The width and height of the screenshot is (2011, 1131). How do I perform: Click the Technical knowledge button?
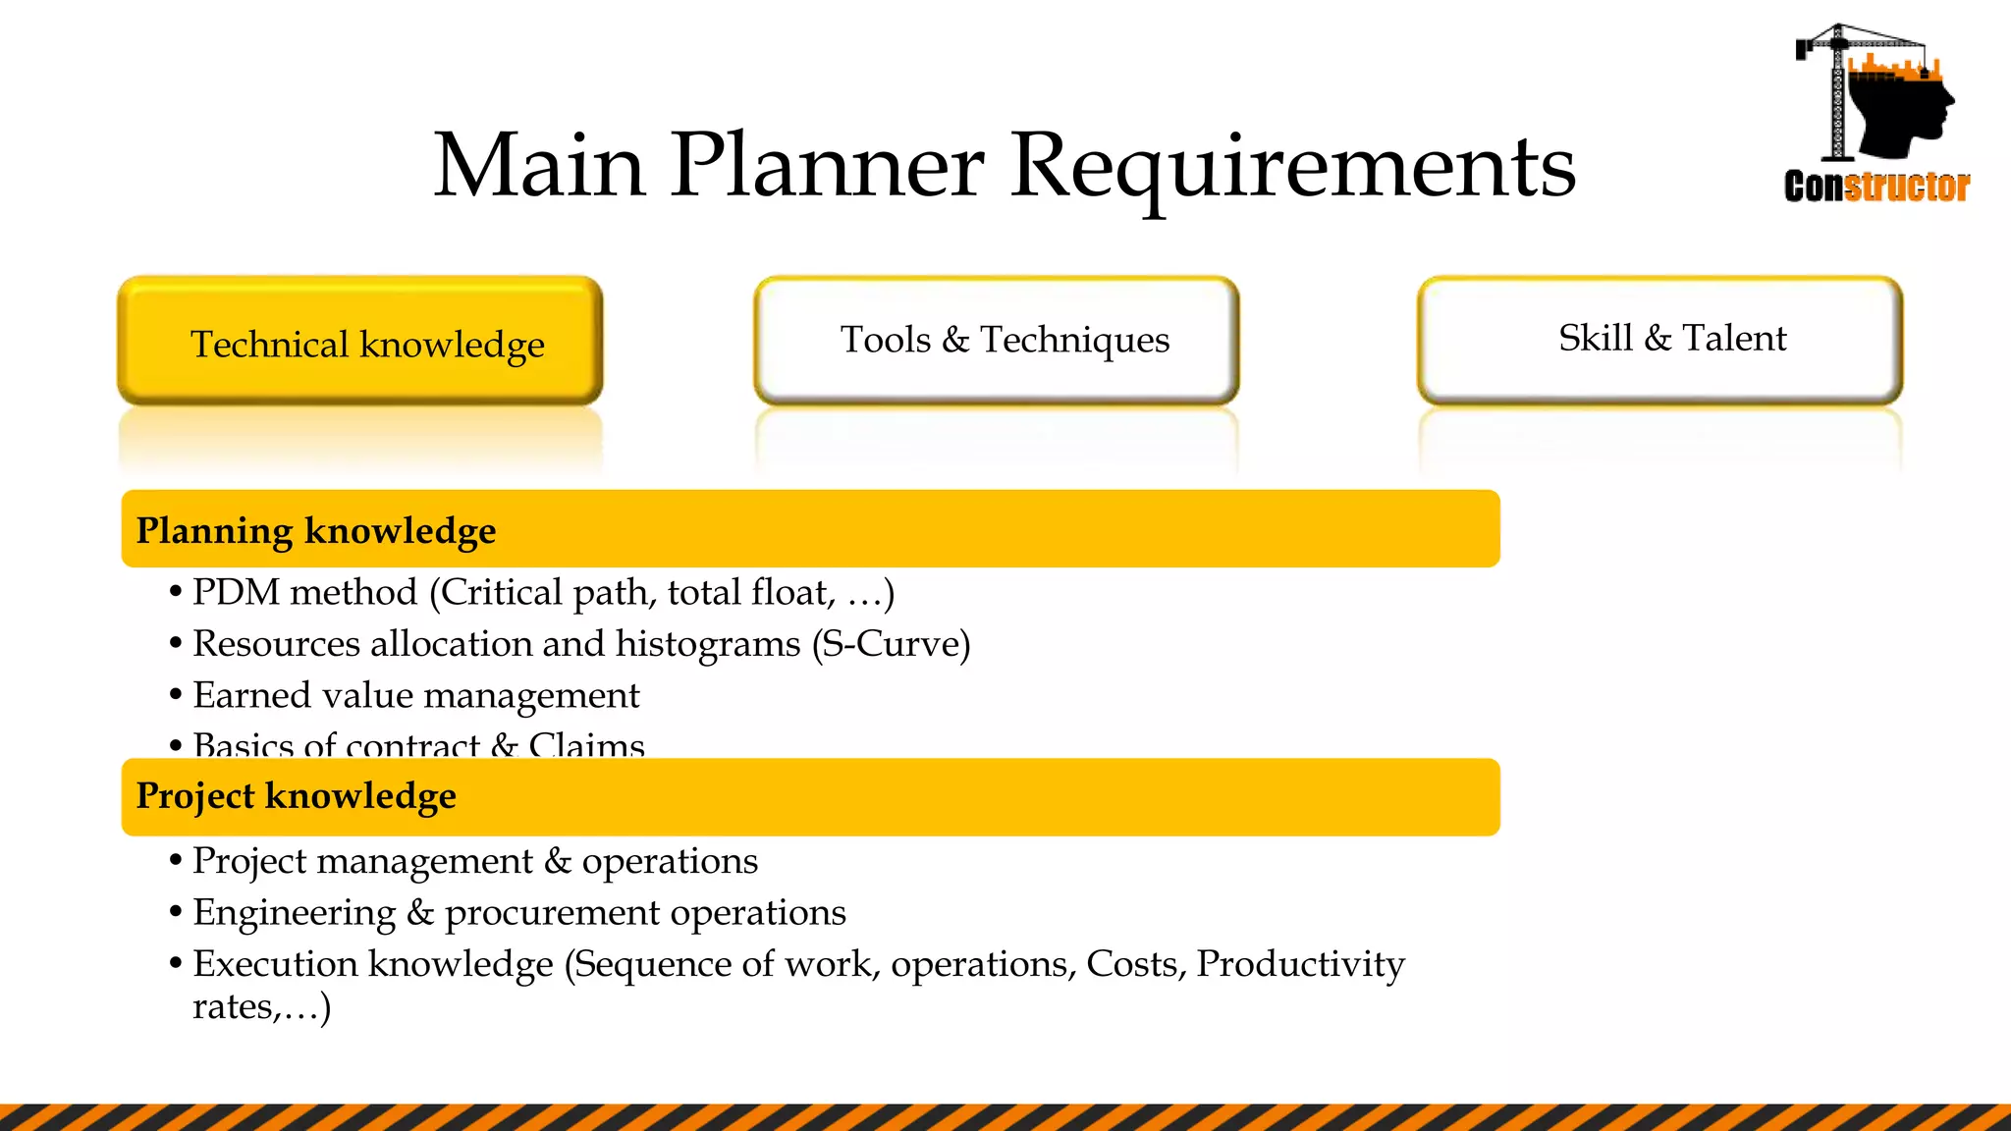pos(359,342)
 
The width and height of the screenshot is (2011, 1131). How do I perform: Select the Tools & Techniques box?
pos(996,340)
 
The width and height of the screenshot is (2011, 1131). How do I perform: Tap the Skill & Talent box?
pos(1659,339)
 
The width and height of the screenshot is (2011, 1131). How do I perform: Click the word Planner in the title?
pos(827,165)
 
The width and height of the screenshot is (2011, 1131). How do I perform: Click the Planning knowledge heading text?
pos(315,530)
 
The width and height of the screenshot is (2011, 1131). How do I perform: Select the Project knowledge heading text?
pos(296,796)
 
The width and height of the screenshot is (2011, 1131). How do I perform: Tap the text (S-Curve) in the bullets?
pos(891,644)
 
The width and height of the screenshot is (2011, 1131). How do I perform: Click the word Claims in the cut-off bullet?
pos(586,745)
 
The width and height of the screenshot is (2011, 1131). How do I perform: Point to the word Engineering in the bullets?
pos(295,913)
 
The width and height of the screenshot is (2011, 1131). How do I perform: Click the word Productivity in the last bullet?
pos(1300,964)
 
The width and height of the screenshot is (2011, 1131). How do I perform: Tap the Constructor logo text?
pos(1876,187)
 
